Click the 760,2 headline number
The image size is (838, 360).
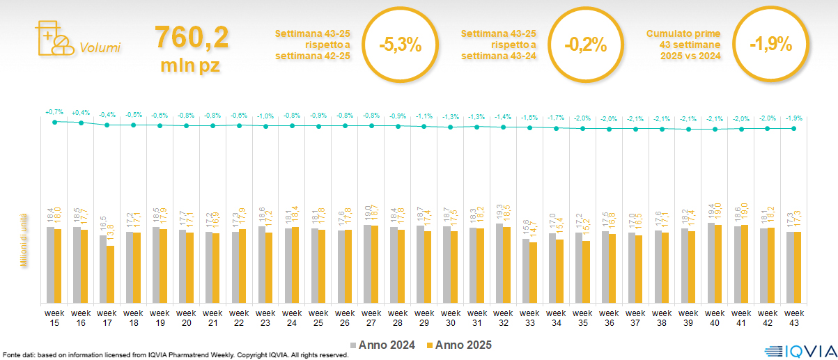pos(191,37)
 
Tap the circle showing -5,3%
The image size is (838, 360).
pos(400,44)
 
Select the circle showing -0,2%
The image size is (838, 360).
pos(585,44)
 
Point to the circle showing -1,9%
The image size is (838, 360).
pos(770,44)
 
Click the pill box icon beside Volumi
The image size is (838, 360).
pos(53,39)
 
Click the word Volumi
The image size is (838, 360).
pos(100,48)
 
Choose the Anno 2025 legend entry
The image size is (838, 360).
pos(460,345)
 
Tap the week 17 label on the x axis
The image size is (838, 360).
pos(107,318)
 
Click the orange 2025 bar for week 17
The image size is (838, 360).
pos(111,274)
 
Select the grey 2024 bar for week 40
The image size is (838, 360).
pos(711,263)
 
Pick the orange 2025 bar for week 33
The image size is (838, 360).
pos(534,272)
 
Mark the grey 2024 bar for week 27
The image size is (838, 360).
pos(367,264)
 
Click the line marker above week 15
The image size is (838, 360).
pos(54,122)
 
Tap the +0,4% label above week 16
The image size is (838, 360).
pos(81,112)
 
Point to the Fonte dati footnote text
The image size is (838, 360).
pos(174,355)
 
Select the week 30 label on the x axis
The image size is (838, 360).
pos(451,318)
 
